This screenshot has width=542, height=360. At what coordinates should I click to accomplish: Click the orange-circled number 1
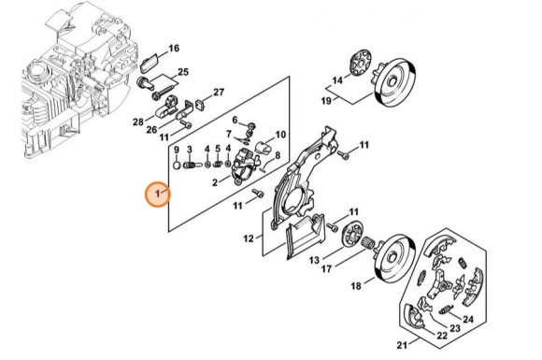pos(157,194)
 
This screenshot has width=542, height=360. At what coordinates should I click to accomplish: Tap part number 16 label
pos(174,49)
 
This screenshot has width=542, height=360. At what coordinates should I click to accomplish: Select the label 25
pos(183,72)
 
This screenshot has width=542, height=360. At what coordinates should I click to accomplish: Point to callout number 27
pos(219,93)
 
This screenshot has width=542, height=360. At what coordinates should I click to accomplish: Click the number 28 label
pos(138,122)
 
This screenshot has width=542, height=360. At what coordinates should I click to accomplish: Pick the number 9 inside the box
pos(177,151)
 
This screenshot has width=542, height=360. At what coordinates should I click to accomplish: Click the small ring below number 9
pos(177,165)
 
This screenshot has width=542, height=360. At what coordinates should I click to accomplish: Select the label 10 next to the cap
pos(280,134)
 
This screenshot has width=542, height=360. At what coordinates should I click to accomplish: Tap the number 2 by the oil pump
pos(215,182)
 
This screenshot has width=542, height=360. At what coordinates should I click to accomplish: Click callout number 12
pos(249,238)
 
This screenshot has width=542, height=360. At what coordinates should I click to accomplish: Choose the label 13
pos(314,260)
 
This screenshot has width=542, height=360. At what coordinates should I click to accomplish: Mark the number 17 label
pos(327,268)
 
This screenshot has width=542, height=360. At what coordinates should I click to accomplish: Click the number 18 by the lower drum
pos(356,286)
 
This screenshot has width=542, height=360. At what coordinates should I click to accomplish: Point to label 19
pos(327,101)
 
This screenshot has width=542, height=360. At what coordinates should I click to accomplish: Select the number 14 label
pos(337,80)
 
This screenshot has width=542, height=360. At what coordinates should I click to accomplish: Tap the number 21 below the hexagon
pos(402,345)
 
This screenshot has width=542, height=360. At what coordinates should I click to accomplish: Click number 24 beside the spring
pos(468,319)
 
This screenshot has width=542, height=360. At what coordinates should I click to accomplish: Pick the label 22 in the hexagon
pos(442,336)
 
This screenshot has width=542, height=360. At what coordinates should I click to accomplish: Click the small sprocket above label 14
pos(360,63)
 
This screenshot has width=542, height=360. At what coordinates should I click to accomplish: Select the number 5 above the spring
pos(218,149)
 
